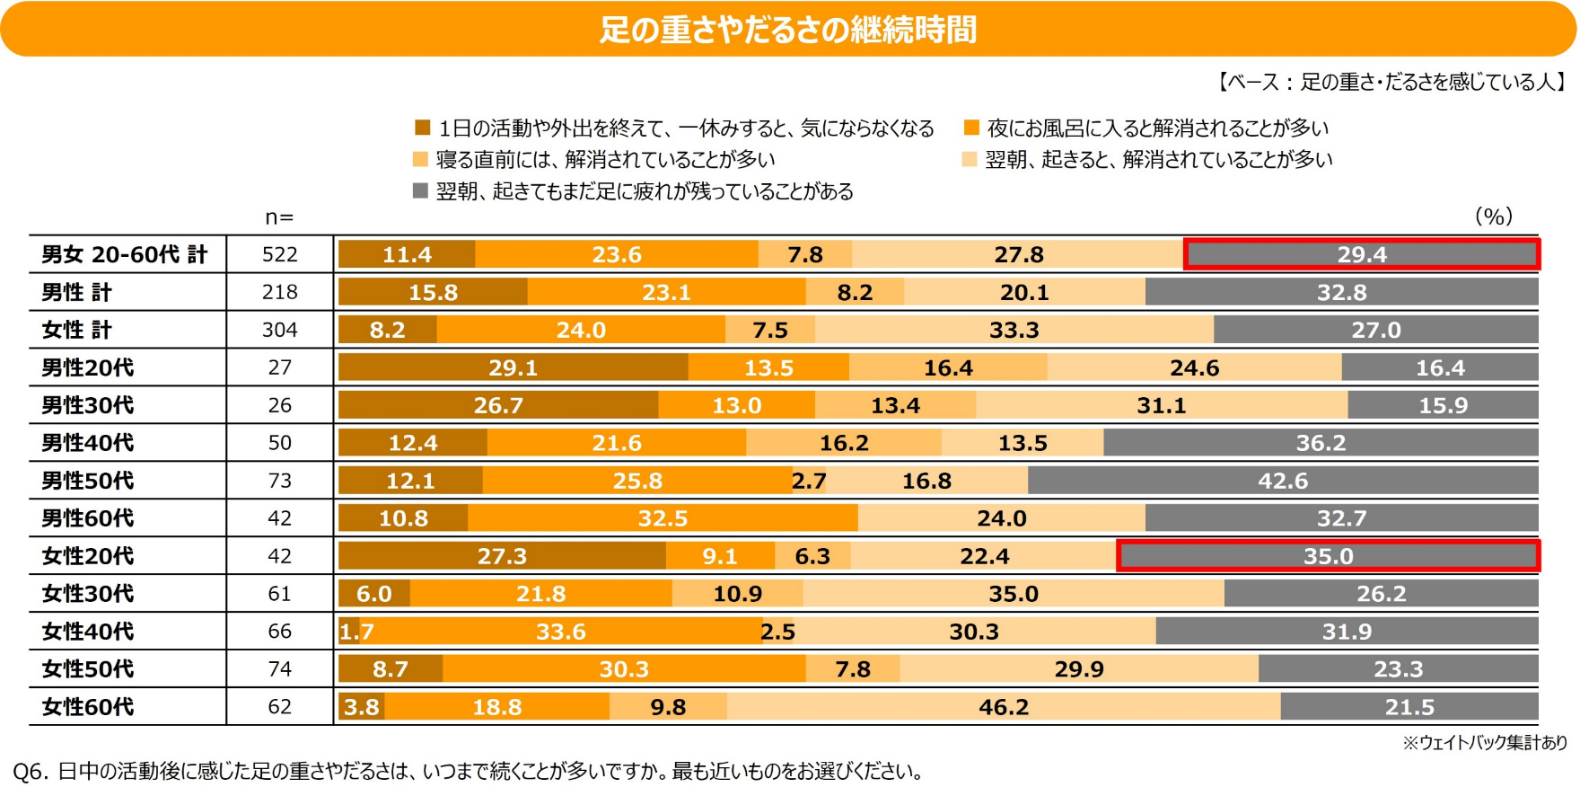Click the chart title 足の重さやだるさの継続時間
point(788,30)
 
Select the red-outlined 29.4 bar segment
point(1361,254)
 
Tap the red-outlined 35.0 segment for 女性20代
point(1328,556)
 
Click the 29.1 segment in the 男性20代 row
point(513,367)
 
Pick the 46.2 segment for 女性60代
point(1004,707)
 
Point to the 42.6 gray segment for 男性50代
point(1282,481)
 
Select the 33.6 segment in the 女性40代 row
point(560,632)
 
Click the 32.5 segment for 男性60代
point(663,518)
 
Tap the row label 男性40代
point(88,443)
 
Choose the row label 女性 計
point(77,330)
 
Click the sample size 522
point(279,254)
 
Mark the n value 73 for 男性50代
point(279,481)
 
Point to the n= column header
point(279,217)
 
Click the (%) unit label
point(1494,217)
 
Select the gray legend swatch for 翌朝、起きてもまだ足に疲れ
point(419,191)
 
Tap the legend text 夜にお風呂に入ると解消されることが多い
point(1157,128)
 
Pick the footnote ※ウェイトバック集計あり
point(1485,742)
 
